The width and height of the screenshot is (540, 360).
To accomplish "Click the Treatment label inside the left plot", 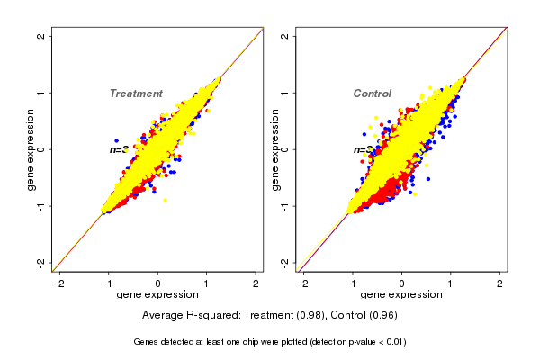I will point(136,94).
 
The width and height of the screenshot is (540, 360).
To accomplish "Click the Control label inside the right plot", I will point(372,94).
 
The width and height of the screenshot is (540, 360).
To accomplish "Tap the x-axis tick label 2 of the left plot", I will point(256,283).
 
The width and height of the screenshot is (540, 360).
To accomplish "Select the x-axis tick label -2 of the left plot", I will point(59,283).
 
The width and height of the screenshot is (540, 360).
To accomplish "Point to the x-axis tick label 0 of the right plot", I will point(402,283).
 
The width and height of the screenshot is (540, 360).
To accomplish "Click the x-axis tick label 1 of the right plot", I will point(452,283).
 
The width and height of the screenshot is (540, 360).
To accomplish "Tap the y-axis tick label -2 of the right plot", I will point(284,262).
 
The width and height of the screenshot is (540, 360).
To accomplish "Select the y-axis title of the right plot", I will point(275,149).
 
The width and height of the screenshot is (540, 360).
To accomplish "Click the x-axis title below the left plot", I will point(158,295).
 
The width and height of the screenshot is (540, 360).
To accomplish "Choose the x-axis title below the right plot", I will point(402,295).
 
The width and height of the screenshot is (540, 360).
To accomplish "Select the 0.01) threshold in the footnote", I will point(392,342).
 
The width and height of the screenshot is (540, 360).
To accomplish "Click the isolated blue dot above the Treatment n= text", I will point(117,140).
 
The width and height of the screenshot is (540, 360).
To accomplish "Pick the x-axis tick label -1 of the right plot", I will point(352,283).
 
